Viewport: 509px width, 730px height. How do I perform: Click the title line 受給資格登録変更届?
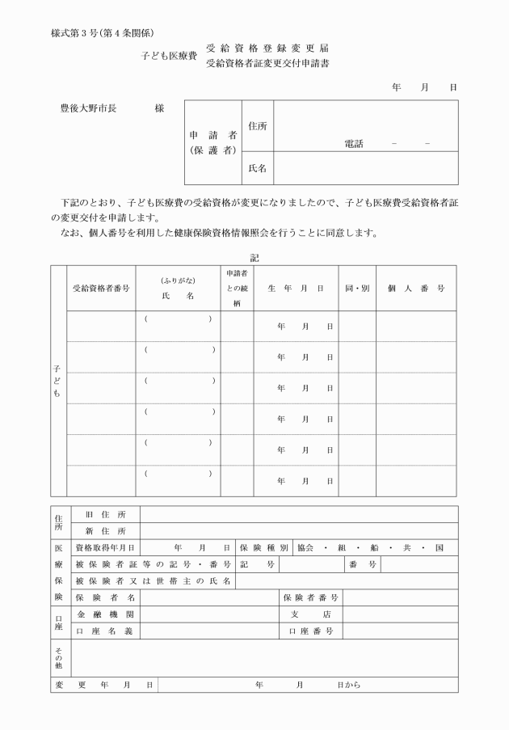pyautogui.click(x=267, y=49)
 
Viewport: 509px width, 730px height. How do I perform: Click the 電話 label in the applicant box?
pyautogui.click(x=353, y=144)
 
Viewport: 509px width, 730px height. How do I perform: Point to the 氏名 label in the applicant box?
pyautogui.click(x=259, y=168)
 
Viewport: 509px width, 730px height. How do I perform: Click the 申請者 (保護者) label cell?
pyautogui.click(x=212, y=142)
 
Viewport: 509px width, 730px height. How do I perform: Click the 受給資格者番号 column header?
pyautogui.click(x=101, y=288)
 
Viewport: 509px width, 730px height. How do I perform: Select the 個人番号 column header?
pyautogui.click(x=416, y=288)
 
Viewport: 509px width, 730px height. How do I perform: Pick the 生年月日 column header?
pyautogui.click(x=296, y=288)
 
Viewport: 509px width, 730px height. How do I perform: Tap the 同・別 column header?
pyautogui.click(x=356, y=288)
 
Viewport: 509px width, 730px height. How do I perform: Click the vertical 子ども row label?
pyautogui.click(x=57, y=381)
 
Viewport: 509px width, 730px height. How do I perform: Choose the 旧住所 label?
pyautogui.click(x=106, y=514)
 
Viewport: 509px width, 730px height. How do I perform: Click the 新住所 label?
pyautogui.click(x=106, y=531)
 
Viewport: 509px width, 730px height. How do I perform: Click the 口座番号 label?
pyautogui.click(x=310, y=631)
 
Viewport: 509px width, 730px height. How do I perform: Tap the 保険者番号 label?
pyautogui.click(x=310, y=597)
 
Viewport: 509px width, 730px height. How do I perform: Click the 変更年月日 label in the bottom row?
pyautogui.click(x=103, y=685)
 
